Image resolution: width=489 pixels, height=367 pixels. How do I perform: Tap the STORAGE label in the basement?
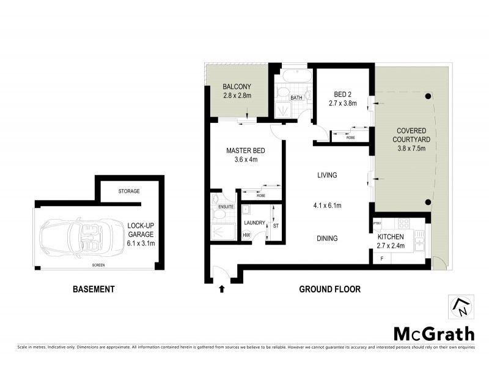(x=128, y=191)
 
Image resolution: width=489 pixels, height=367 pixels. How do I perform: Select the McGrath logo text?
(x=433, y=333)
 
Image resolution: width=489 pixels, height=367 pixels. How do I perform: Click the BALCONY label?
(x=237, y=86)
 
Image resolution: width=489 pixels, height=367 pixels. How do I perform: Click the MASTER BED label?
(x=245, y=150)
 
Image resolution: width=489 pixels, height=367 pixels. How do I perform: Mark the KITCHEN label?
(x=391, y=237)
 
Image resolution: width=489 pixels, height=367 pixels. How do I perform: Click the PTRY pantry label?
(x=377, y=224)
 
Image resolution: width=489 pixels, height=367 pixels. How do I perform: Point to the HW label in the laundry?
(x=246, y=235)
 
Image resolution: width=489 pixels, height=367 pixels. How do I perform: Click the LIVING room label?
(x=327, y=176)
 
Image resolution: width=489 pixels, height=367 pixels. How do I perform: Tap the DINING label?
(x=327, y=239)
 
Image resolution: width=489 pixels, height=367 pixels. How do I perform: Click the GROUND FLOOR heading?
(x=329, y=289)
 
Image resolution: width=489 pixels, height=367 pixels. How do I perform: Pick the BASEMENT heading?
(x=94, y=289)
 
